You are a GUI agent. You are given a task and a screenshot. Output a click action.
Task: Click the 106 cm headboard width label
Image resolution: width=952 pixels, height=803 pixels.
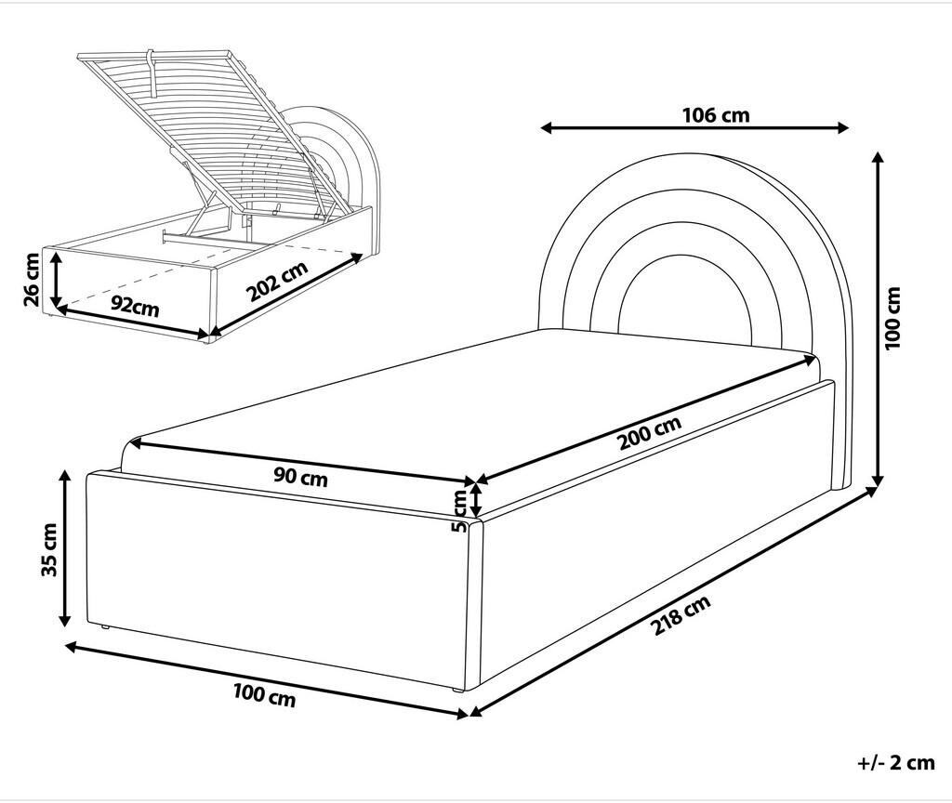pos(716,114)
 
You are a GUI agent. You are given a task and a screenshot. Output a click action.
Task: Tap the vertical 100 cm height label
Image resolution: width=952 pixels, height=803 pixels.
pos(892,318)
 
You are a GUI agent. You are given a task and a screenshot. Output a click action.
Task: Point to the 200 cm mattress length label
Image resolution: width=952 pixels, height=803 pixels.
pos(650,433)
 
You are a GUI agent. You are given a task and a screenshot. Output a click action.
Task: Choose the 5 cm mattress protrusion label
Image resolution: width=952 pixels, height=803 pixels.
pos(459,511)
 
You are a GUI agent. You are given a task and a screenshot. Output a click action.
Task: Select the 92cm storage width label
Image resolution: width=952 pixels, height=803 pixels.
pos(135,307)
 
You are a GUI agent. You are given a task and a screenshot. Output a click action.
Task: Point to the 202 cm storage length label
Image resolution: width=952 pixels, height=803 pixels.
pos(277,281)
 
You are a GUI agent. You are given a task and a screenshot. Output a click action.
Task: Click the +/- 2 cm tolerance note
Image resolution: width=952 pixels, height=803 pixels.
pos(896,762)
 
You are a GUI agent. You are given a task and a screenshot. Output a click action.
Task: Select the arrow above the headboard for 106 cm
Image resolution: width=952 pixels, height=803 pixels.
pos(694,127)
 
